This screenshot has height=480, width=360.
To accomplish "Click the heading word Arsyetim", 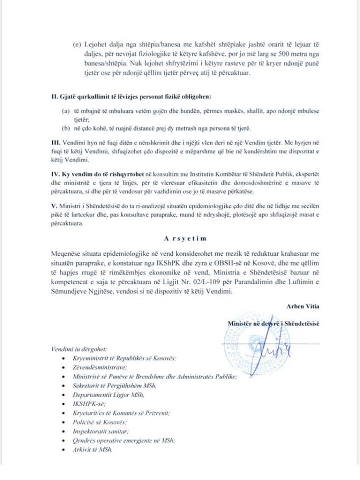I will pos(180,239).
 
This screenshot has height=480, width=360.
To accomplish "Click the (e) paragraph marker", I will pos(76,44).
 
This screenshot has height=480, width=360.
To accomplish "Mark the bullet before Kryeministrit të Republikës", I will pos(62,358).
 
